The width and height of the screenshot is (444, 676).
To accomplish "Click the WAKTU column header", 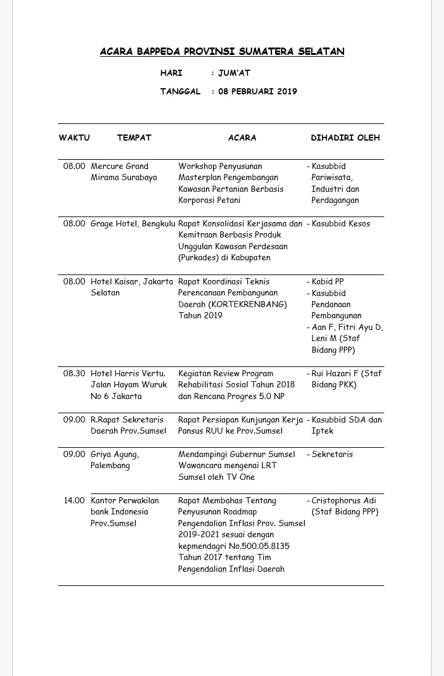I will click(x=74, y=138).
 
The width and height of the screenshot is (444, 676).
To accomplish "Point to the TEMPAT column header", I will click(x=134, y=138).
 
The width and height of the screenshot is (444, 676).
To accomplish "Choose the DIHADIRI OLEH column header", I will click(x=345, y=138).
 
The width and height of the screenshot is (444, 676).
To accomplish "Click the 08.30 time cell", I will click(x=74, y=373).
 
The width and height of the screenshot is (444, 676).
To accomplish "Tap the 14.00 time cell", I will click(x=74, y=500).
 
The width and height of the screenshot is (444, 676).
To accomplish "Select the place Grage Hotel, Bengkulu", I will click(x=133, y=223).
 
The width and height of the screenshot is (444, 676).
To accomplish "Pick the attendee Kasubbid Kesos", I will click(x=340, y=223).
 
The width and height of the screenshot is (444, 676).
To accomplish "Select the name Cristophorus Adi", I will click(x=344, y=500).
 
